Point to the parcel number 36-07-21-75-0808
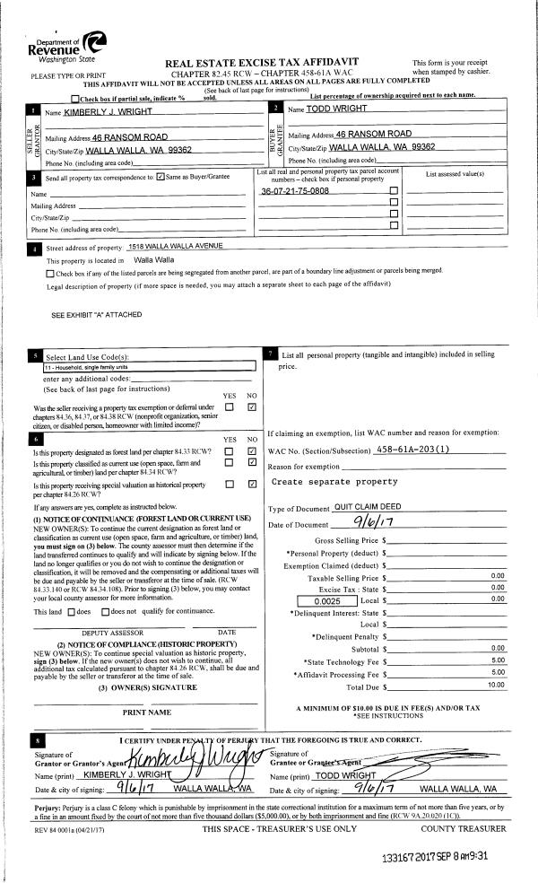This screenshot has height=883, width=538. [x=294, y=191]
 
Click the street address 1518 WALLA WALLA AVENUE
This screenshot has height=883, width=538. [x=174, y=247]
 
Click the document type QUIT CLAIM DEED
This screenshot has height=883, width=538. [x=366, y=507]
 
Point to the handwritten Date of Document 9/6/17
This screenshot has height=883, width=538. [x=369, y=523]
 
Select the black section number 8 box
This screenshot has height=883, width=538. [x=37, y=740]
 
